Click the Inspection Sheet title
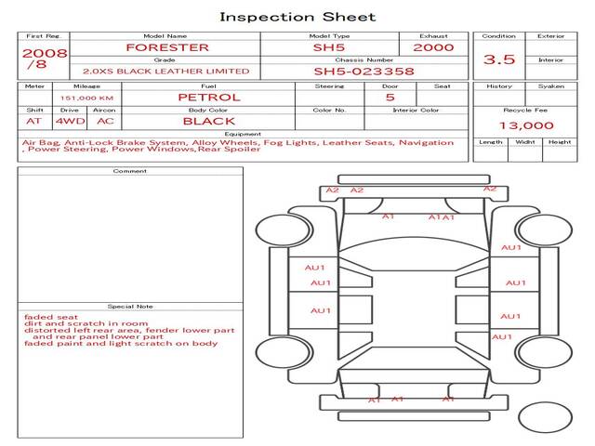click(x=297, y=17)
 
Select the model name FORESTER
click(x=167, y=47)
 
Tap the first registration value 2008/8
click(x=45, y=59)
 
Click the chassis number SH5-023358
click(x=364, y=72)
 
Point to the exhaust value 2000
click(x=433, y=47)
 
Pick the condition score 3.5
click(x=499, y=59)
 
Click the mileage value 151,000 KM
click(x=86, y=98)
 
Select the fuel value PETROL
click(x=209, y=98)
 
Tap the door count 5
click(x=390, y=98)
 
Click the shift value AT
click(x=33, y=122)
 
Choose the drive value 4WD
click(x=71, y=122)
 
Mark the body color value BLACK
click(x=209, y=122)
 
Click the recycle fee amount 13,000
click(x=526, y=125)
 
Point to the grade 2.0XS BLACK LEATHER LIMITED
click(x=166, y=72)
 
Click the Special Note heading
click(x=130, y=307)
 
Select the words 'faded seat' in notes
click(x=51, y=317)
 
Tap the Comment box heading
click(x=130, y=171)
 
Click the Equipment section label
click(x=243, y=134)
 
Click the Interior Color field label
click(x=416, y=110)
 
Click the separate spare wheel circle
click(x=546, y=417)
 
